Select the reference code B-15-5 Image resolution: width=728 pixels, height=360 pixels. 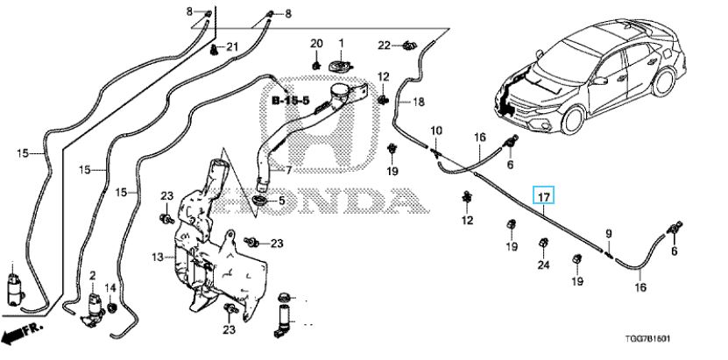[289, 102]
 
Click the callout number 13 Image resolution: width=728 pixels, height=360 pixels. [158, 257]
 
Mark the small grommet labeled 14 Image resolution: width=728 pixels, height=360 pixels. [111, 308]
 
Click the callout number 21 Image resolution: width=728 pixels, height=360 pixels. [231, 46]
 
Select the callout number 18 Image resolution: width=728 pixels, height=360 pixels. [418, 102]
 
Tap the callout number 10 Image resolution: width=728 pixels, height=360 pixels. [435, 131]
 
